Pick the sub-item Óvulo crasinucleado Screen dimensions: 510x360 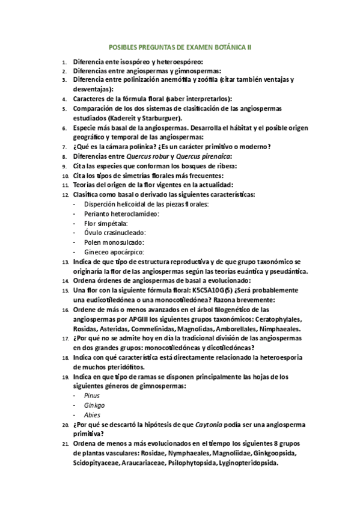[115, 233]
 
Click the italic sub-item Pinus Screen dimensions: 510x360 [92, 395]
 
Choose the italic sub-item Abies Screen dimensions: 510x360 [92, 414]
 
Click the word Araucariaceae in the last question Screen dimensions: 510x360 [142, 463]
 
